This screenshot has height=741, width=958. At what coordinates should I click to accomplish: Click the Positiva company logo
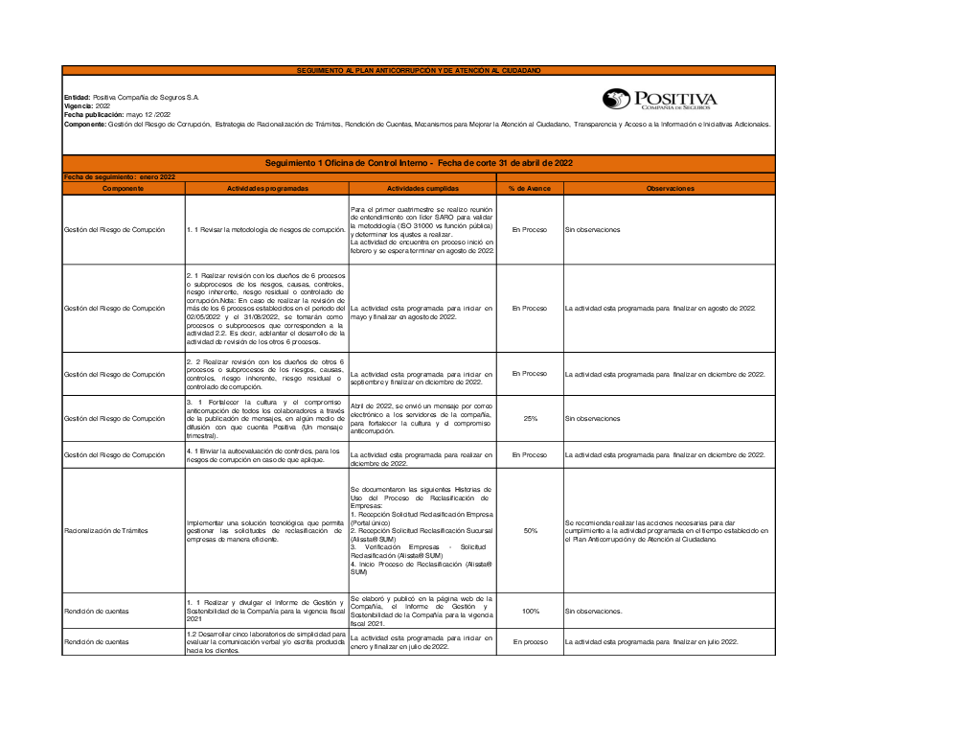[659, 99]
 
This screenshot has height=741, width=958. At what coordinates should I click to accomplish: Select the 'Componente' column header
[123, 189]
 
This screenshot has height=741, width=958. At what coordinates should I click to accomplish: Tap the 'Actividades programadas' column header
[267, 189]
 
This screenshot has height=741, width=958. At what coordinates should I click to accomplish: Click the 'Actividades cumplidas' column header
[422, 189]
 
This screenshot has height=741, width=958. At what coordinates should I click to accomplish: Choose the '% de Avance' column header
[529, 189]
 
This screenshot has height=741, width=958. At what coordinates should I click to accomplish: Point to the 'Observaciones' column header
[669, 189]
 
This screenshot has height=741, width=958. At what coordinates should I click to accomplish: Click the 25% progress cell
[529, 418]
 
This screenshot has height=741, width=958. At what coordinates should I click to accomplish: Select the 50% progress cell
[529, 530]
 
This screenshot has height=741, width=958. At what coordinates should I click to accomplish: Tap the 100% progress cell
[529, 611]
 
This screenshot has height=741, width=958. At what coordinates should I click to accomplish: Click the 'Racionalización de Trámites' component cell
[106, 530]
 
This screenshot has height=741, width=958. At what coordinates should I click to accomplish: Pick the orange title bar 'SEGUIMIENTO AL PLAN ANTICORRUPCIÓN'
[419, 71]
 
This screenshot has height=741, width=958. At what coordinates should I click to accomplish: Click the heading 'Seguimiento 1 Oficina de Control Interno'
[419, 164]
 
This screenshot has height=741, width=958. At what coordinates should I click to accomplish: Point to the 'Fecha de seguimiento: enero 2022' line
[120, 177]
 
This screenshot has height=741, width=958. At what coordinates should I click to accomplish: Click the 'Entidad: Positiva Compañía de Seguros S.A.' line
[131, 98]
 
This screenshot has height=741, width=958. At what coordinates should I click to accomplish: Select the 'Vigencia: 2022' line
[87, 105]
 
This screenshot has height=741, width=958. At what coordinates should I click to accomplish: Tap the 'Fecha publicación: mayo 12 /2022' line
[116, 114]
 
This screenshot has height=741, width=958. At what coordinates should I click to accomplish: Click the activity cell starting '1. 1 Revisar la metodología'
[266, 230]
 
